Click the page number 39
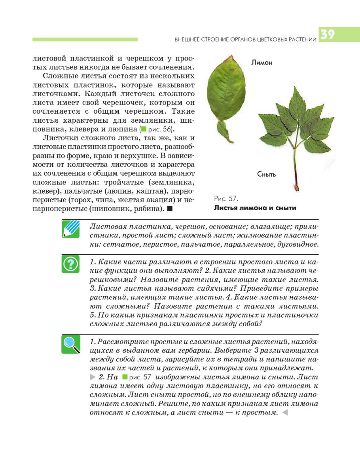coord(328,35)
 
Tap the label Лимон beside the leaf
coord(261,62)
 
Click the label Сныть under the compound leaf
coord(266,174)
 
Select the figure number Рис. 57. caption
coord(225,198)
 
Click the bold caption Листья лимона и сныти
coord(255,208)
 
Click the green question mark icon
coord(71,264)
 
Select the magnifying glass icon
coord(71,344)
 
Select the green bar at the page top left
coord(85,39)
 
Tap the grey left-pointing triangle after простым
coord(284,413)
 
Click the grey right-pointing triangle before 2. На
coord(93,376)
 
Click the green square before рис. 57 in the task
coord(125,376)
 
